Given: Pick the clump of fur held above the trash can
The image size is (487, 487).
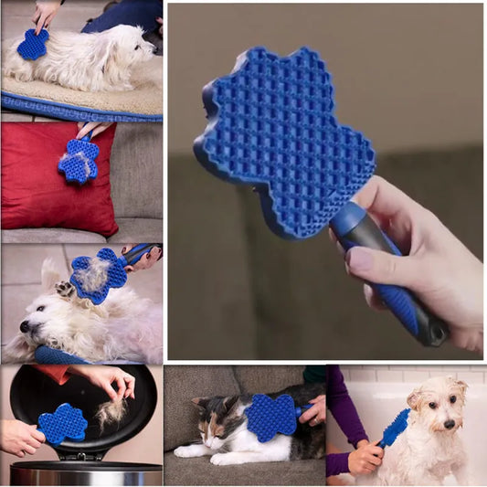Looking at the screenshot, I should (112, 414).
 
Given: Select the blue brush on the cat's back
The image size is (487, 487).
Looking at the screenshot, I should (272, 417).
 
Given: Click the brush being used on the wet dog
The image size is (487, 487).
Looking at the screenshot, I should (396, 427).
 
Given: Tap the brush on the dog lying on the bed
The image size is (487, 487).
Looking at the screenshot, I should (33, 44).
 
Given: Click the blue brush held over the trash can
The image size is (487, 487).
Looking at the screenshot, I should (62, 423).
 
